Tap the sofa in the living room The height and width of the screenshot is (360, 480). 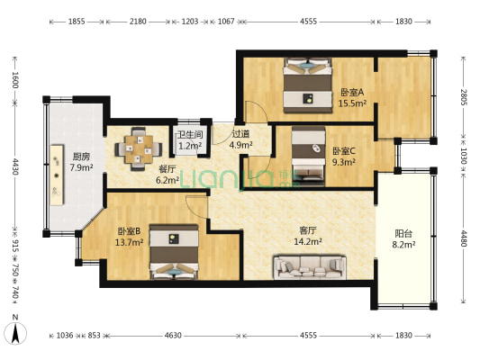[310, 266]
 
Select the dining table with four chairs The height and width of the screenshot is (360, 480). [139, 148]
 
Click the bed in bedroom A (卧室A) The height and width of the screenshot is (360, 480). [308, 85]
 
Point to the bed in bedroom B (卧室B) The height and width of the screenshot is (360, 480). [174, 252]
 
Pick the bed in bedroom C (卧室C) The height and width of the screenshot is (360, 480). [308, 156]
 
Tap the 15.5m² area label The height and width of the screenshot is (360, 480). [352, 103]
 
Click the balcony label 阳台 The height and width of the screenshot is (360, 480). [403, 234]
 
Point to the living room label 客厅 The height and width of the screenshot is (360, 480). [308, 230]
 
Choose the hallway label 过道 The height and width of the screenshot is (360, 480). [240, 134]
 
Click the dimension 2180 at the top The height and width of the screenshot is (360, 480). [138, 22]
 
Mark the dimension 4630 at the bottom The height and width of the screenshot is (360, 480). [173, 336]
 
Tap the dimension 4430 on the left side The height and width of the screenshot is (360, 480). [14, 166]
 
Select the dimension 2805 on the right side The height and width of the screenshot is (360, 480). [463, 97]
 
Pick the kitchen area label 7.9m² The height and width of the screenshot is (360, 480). [81, 167]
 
